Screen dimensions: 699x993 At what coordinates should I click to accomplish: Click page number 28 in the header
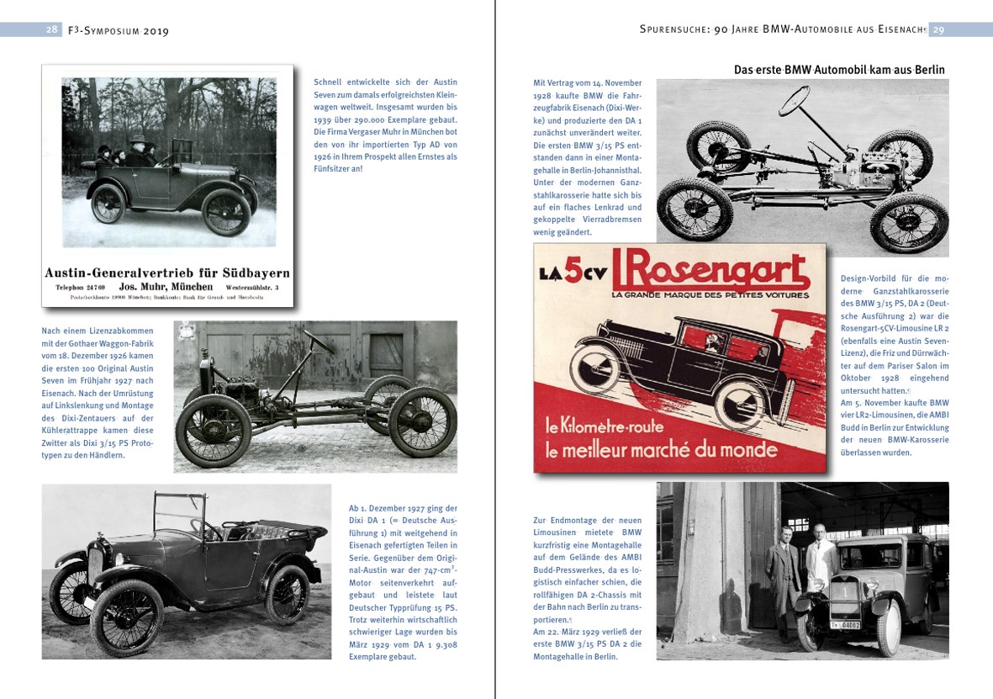52,29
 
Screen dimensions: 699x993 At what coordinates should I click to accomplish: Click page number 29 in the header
938,29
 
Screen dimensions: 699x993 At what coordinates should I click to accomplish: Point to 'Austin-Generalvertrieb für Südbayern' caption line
166,273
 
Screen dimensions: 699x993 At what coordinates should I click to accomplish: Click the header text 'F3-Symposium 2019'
117,30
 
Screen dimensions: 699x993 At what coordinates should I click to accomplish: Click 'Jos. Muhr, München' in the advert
165,286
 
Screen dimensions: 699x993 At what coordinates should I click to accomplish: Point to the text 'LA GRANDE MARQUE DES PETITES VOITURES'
710,294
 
